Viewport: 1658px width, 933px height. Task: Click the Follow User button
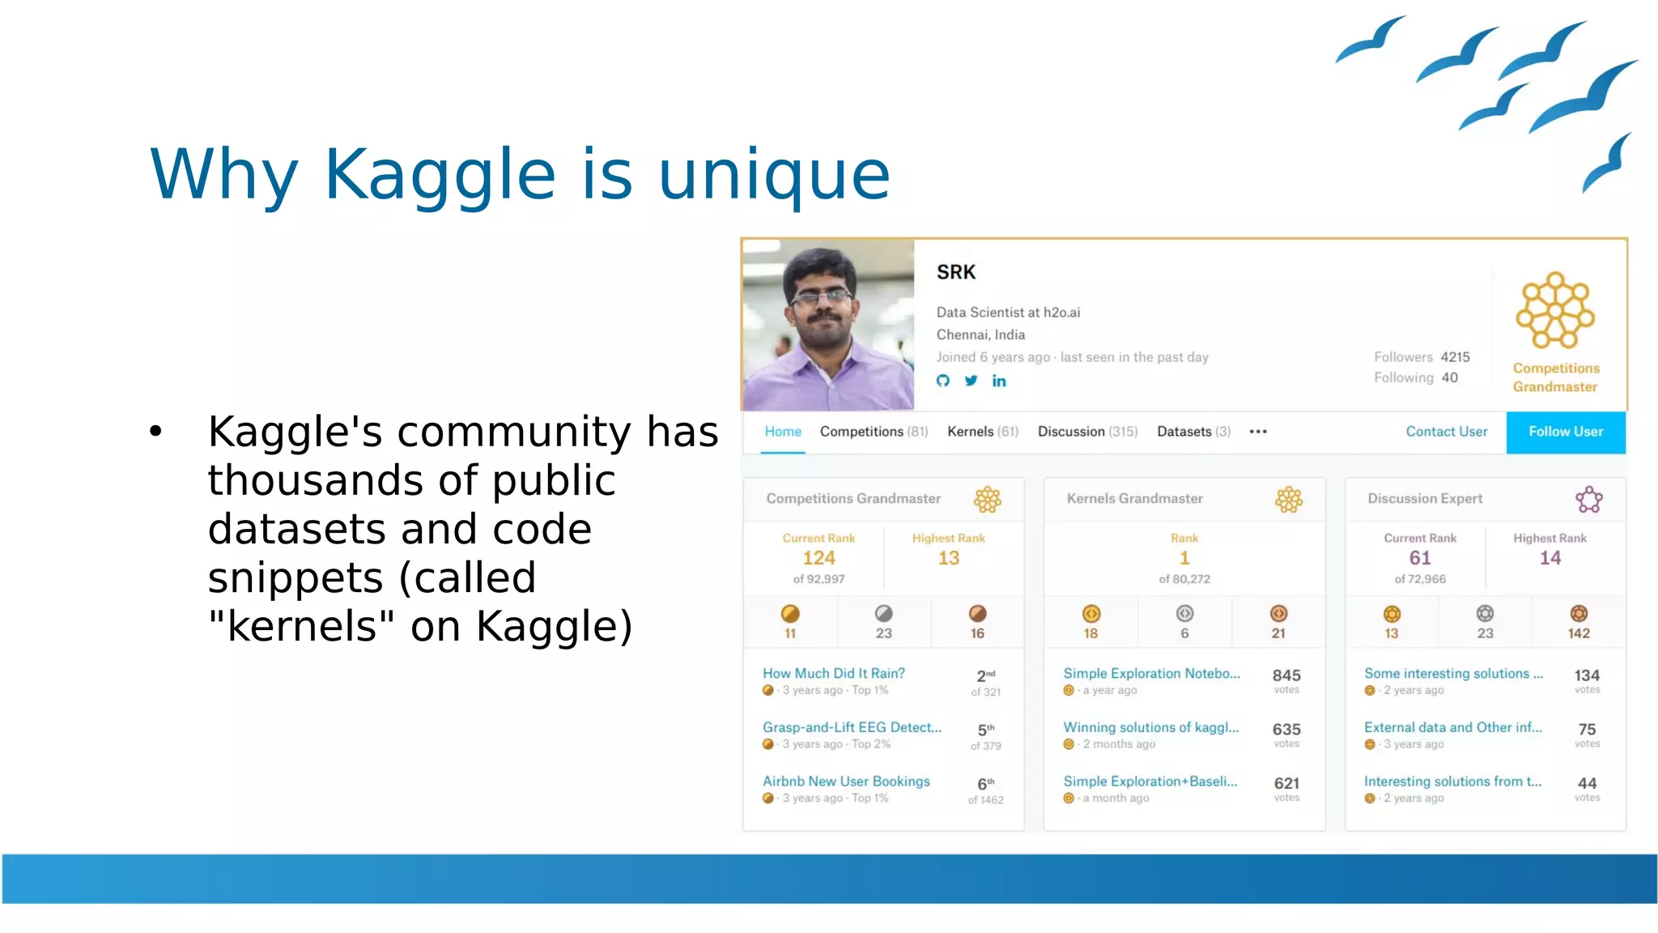[x=1565, y=432]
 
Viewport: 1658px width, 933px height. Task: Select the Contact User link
[x=1446, y=432]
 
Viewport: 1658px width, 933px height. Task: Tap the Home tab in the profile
[x=782, y=432]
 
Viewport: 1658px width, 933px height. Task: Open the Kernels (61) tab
[x=982, y=432]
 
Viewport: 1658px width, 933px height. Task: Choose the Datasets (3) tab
[x=1193, y=432]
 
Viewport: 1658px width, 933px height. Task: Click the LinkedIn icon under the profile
[x=999, y=381]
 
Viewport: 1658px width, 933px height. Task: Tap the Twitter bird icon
[x=971, y=381]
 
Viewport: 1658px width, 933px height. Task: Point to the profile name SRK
[x=956, y=272]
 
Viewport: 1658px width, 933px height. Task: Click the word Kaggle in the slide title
[x=440, y=174]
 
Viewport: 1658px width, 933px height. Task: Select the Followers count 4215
[x=1455, y=357]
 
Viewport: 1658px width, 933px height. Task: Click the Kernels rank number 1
[x=1184, y=558]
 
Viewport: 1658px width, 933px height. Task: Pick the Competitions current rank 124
[x=818, y=558]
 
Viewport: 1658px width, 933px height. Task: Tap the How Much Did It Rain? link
[x=833, y=673]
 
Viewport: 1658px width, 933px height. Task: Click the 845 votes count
[x=1286, y=675]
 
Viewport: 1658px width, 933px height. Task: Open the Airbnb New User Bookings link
[x=845, y=782]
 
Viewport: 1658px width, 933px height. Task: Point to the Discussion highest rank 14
[x=1550, y=558]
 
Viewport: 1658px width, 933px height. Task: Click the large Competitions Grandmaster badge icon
[x=1554, y=311]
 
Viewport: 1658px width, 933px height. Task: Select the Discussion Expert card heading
[x=1425, y=499]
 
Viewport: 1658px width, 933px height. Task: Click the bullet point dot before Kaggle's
[x=155, y=431]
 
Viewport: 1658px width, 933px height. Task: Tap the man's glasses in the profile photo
[x=821, y=297]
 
